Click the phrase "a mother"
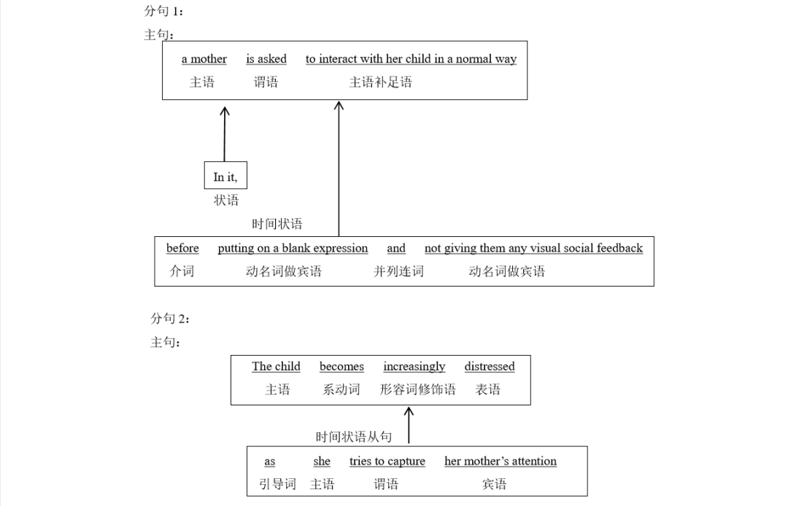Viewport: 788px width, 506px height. pos(204,59)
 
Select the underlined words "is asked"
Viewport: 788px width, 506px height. pos(266,59)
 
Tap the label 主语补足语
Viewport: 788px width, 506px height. pos(380,82)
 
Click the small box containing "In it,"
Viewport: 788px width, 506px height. pos(225,176)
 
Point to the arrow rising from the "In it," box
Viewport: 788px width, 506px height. pos(225,134)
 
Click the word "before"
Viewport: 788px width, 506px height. pos(182,248)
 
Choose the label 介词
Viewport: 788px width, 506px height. pos(182,271)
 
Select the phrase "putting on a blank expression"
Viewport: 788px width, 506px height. pos(293,248)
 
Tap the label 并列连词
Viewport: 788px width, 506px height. pos(398,271)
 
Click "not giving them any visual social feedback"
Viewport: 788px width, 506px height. pos(533,248)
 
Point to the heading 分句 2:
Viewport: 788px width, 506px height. pos(170,319)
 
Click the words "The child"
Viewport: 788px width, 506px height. pos(276,366)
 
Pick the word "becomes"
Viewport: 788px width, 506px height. pos(341,366)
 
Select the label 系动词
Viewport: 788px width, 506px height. pos(341,389)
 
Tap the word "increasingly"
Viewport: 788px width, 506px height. pos(414,366)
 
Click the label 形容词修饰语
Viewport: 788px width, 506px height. pos(417,389)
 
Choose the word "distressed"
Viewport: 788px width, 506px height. pos(489,366)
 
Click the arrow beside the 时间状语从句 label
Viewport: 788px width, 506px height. pos(409,425)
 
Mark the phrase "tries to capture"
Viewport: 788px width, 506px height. pos(387,461)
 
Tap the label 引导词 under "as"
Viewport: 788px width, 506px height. pos(277,484)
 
